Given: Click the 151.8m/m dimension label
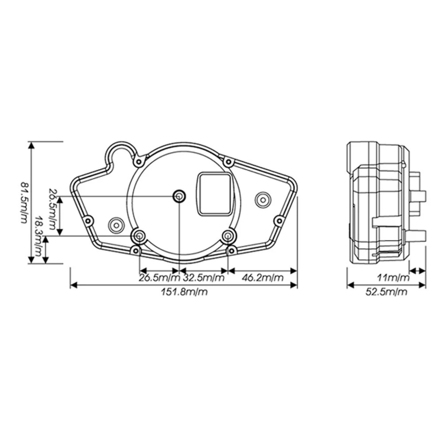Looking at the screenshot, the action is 184,291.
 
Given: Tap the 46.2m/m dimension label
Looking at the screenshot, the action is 262,277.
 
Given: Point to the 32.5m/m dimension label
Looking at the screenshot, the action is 204,277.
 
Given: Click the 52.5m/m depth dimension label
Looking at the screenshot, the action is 386,291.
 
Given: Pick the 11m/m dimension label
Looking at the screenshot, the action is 393,277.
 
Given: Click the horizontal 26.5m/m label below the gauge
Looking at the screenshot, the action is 159,277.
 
